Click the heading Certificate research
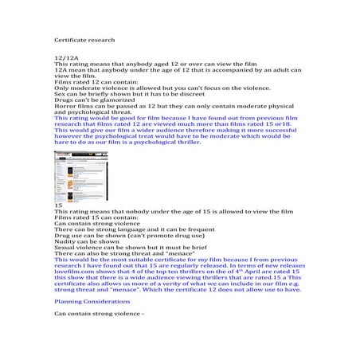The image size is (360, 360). (x=84, y=39)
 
